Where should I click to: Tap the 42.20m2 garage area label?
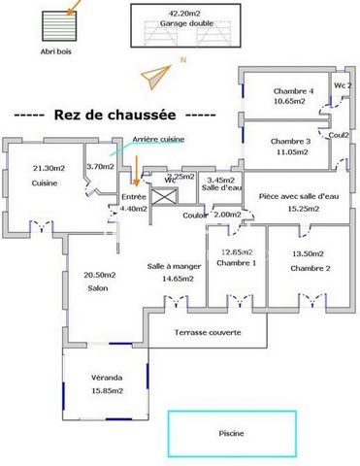click(184, 14)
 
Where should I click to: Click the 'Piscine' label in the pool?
click(231, 433)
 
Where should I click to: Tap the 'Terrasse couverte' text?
click(207, 333)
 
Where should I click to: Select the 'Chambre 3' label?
click(290, 140)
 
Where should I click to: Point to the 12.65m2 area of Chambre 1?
click(239, 251)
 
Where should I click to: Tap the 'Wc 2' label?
click(342, 85)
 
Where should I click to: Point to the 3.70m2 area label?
click(100, 166)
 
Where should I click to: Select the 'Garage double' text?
click(184, 26)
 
